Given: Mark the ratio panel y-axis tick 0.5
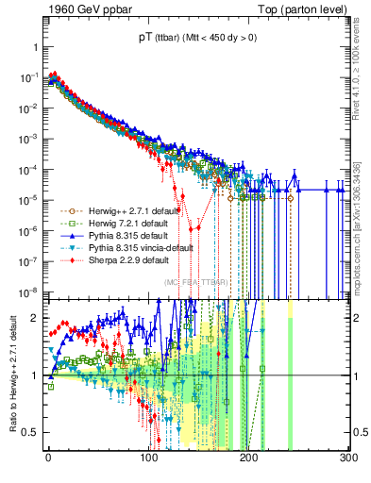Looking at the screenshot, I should point(34,433).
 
